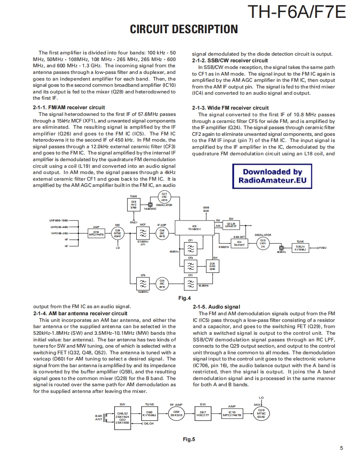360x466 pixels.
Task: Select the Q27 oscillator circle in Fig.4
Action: [x=164, y=197]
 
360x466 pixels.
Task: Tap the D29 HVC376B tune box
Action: [x=133, y=205]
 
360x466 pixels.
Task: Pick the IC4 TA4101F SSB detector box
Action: [x=239, y=243]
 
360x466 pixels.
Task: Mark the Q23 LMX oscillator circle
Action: [x=262, y=243]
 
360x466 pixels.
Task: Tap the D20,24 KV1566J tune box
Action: [x=300, y=248]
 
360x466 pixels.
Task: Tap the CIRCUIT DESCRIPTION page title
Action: [x=184, y=29]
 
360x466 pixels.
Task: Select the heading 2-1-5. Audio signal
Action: [x=216, y=307]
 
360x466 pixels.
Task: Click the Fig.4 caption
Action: [x=184, y=298]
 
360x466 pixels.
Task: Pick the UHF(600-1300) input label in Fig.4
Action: [x=59, y=220]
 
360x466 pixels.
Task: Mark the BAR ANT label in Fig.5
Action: [x=99, y=417]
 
